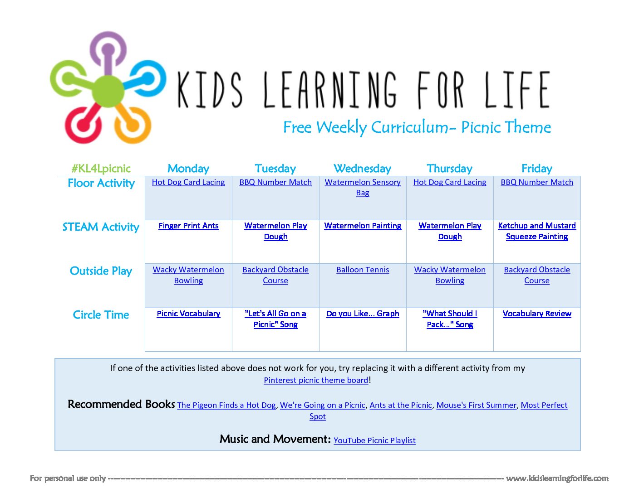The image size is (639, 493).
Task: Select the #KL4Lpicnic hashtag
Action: (x=101, y=169)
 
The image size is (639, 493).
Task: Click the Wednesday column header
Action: (x=362, y=169)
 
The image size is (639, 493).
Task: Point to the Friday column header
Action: (x=537, y=169)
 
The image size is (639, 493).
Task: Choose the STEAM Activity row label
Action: (x=101, y=227)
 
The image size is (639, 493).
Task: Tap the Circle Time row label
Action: (x=101, y=315)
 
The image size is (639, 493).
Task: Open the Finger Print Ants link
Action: (x=188, y=226)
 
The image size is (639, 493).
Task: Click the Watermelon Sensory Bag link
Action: (x=363, y=187)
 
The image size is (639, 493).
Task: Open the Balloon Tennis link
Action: (x=363, y=270)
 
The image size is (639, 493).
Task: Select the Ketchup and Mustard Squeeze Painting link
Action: (x=537, y=231)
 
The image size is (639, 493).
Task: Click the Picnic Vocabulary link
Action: (x=188, y=314)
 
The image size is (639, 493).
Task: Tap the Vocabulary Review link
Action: (x=537, y=314)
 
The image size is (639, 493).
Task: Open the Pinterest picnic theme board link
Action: (x=316, y=380)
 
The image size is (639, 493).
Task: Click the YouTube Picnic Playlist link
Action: (x=374, y=440)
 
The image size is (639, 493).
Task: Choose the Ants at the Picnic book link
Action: (x=401, y=405)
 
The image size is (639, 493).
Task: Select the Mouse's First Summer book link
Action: (x=476, y=405)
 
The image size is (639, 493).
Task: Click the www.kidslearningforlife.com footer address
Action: (x=557, y=478)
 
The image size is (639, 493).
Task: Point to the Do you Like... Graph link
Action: (x=363, y=314)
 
